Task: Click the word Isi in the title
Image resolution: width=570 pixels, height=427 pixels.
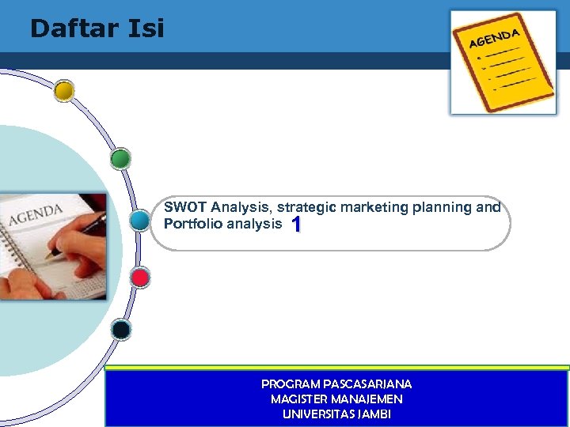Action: [146, 29]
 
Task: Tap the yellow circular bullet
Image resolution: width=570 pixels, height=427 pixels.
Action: [64, 92]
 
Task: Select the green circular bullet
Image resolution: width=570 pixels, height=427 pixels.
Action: [120, 160]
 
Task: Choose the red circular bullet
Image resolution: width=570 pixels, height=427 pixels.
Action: [140, 278]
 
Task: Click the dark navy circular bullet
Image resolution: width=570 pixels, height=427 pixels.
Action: [121, 329]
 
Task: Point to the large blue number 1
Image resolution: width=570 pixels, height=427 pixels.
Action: [295, 225]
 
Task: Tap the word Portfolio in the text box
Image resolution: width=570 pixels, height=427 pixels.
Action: [192, 224]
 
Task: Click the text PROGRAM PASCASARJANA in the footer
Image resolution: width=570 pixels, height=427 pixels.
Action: [336, 384]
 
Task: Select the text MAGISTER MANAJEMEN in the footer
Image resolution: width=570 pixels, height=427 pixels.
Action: [336, 399]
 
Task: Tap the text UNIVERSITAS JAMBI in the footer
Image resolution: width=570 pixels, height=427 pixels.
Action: [336, 414]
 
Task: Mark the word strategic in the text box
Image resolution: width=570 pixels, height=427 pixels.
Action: [306, 208]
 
